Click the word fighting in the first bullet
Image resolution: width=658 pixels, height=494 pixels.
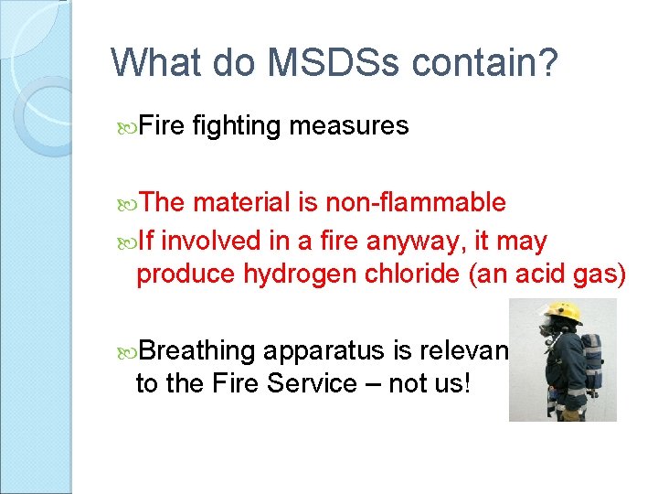click(239, 125)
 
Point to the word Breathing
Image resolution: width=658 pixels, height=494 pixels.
click(198, 350)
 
